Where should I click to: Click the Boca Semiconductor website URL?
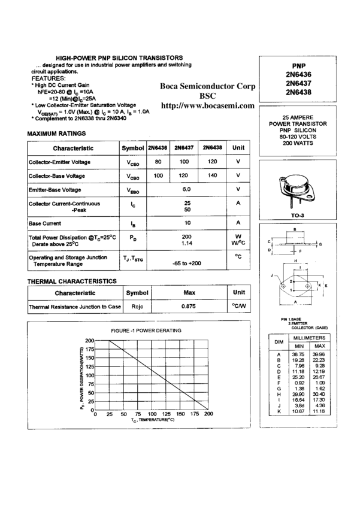[208, 106]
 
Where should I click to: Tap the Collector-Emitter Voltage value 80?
[158, 162]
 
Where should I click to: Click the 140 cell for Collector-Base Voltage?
[212, 175]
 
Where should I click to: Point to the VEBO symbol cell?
[133, 190]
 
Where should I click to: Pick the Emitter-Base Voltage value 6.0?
[186, 189]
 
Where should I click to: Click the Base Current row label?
[46, 223]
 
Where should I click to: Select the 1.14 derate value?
[187, 244]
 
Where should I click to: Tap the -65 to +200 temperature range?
[187, 263]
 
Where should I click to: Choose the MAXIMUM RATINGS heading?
[56, 133]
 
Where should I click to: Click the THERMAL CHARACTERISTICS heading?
[72, 281]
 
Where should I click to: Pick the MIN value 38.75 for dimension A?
[298, 355]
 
